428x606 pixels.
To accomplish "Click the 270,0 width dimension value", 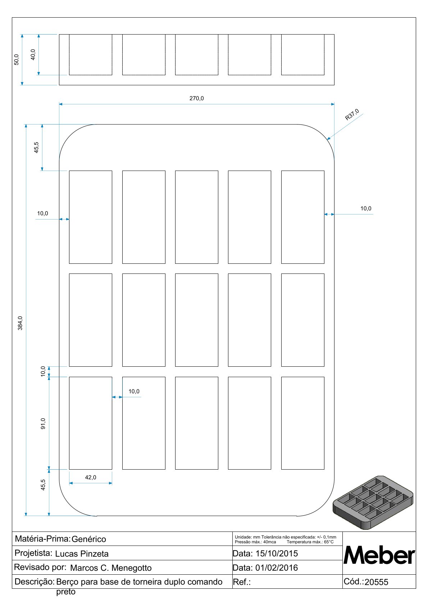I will click(x=197, y=98).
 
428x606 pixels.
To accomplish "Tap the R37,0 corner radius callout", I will click(x=352, y=115).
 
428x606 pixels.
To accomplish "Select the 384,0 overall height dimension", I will click(x=21, y=323).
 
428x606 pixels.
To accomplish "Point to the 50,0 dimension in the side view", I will click(x=17, y=59).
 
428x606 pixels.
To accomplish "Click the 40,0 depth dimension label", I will click(x=33, y=54).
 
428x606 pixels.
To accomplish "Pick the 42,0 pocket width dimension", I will click(x=91, y=477).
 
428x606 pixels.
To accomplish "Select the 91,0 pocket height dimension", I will click(x=43, y=424).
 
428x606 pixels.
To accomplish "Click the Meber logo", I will click(x=379, y=555).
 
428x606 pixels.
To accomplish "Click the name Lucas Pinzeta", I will click(x=82, y=554).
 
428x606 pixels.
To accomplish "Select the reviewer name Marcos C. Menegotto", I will click(x=111, y=568).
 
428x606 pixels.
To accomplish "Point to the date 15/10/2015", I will click(x=277, y=553).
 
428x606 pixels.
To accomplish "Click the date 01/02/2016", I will click(x=277, y=568).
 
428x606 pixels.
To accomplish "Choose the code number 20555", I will click(x=376, y=582).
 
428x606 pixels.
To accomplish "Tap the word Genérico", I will click(x=89, y=539).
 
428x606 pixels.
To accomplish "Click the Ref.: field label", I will click(x=242, y=582).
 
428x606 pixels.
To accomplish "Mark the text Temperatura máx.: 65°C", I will click(x=310, y=542).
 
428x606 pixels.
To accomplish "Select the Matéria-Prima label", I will click(x=42, y=539).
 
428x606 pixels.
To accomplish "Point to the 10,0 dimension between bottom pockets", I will click(x=134, y=391).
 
